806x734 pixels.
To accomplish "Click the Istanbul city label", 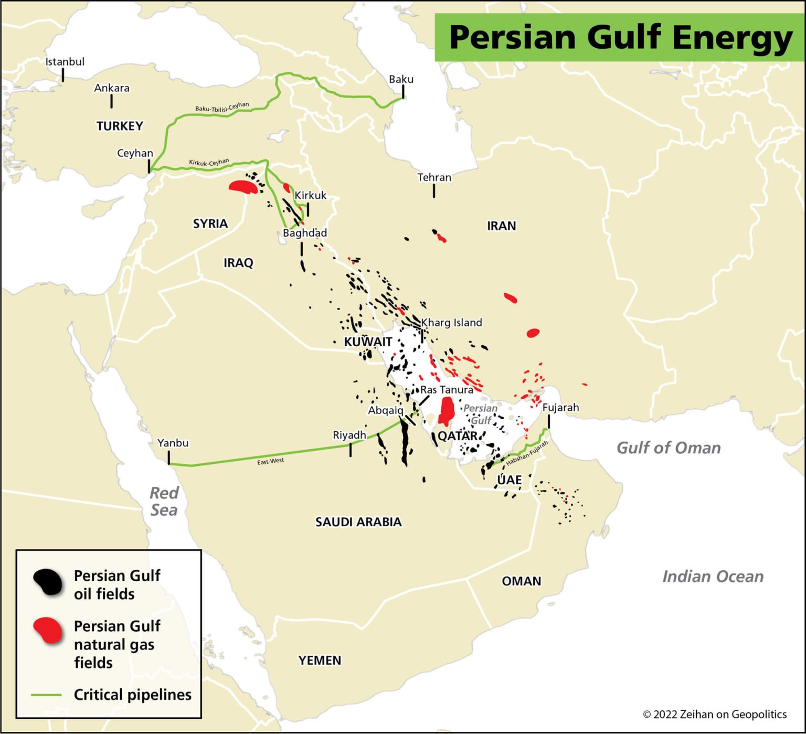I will pos(65,61).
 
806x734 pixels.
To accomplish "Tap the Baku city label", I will pos(401,79).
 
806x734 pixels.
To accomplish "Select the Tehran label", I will pos(434,177).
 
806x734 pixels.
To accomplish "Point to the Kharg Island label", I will pos(451,323).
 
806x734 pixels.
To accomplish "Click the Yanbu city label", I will pos(173,443).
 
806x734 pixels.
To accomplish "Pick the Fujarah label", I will pos(560,407).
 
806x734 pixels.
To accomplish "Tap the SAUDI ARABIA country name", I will pos(358,522).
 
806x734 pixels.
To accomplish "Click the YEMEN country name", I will pos(320,660).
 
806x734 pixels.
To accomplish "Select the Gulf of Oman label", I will pos(668,448).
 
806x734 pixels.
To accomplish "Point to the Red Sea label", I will pos(164,501).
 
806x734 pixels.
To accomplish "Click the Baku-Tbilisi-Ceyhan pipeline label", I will pos(222,107).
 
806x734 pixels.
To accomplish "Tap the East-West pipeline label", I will pos(270,461).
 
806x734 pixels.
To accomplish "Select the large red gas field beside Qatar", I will pos(447,410).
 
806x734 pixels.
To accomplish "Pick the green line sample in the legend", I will pos(46,695).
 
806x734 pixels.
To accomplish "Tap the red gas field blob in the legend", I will pos(48,630).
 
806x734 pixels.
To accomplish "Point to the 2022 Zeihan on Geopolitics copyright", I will pos(714,714).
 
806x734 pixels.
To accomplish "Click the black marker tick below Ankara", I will pos(111,101).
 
